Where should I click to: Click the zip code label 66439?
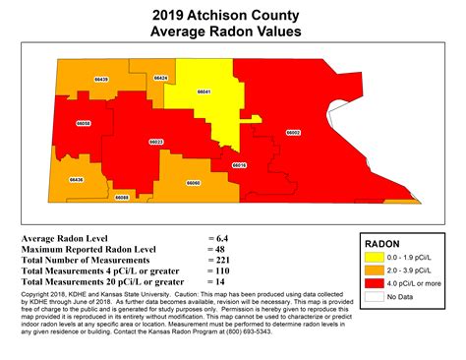point(101,77)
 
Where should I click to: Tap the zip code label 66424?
point(161,77)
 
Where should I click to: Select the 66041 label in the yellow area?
point(204,91)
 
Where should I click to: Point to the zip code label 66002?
point(292,132)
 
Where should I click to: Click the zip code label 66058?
point(85,123)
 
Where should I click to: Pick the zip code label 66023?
point(155,143)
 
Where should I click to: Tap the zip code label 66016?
point(238,165)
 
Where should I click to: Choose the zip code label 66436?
point(76,180)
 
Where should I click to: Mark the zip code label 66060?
point(193,183)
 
